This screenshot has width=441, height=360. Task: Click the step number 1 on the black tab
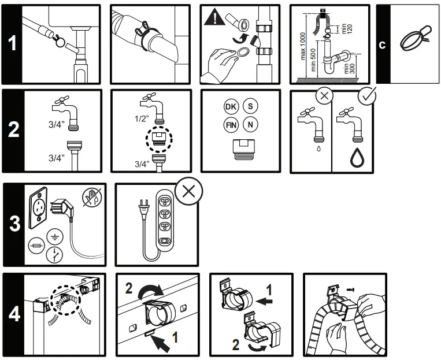click(12, 45)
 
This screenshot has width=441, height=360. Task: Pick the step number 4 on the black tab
click(14, 315)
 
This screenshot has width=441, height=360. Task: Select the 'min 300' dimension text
click(351, 69)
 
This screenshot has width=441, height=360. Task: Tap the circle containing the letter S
click(250, 107)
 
